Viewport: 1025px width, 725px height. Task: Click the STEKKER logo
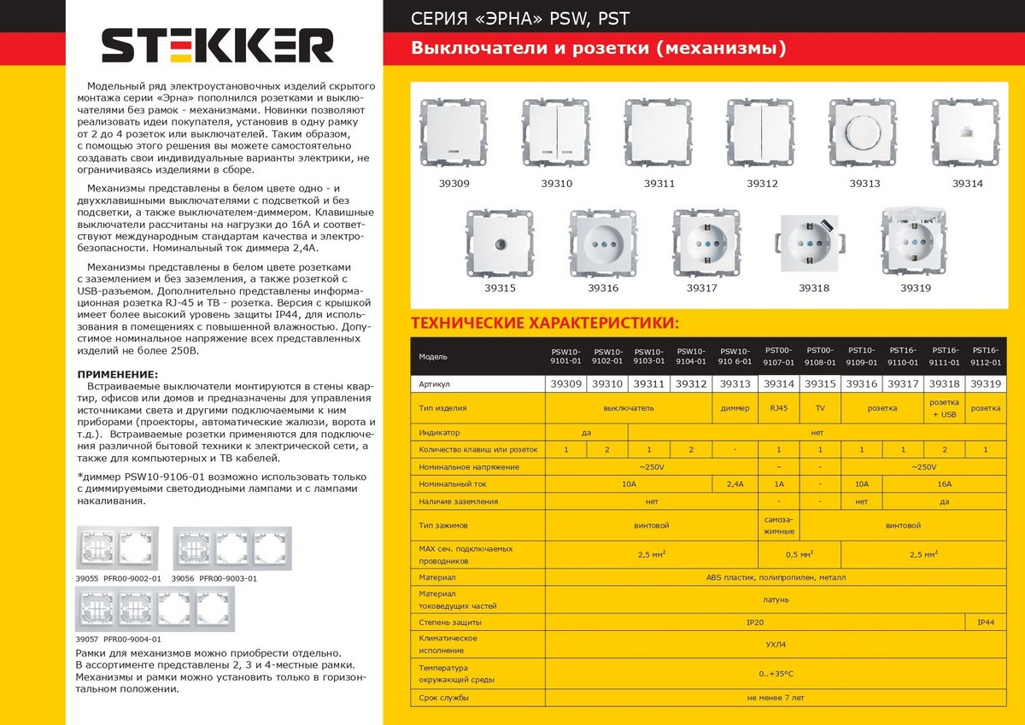tap(218, 45)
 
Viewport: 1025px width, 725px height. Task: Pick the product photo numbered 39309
tap(454, 133)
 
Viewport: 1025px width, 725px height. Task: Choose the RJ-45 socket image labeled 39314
tap(967, 133)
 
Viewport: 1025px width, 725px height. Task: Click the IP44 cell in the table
tap(985, 623)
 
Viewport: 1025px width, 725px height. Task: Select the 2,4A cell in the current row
tap(735, 484)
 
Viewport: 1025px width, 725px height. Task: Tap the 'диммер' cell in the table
tap(735, 408)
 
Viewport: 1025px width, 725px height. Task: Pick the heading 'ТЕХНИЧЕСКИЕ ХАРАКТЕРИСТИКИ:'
tap(545, 324)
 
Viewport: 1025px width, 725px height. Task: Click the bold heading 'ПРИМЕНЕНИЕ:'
tap(117, 374)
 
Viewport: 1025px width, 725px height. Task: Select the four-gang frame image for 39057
tap(154, 609)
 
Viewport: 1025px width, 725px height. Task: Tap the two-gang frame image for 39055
tap(120, 548)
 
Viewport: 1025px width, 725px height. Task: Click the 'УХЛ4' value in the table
tap(776, 645)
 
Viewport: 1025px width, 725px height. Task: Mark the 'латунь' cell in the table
tap(776, 599)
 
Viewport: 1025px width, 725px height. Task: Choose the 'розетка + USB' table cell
tap(943, 408)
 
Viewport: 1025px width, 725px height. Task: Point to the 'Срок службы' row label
tap(444, 698)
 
